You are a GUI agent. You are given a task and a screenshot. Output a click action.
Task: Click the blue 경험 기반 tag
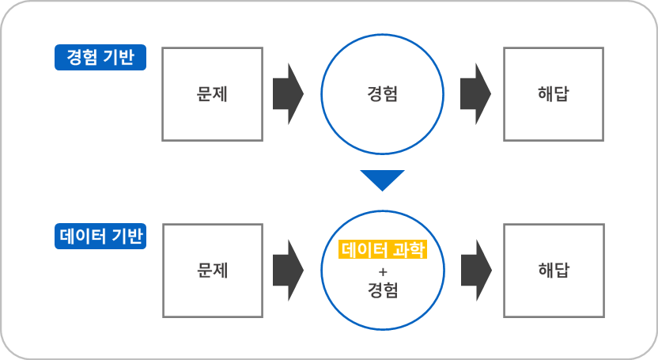(x=100, y=57)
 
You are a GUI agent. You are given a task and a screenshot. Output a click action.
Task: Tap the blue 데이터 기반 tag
(x=100, y=236)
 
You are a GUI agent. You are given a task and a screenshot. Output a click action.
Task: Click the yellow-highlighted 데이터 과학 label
(x=383, y=250)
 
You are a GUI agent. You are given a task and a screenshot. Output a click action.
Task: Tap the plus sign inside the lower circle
(x=383, y=271)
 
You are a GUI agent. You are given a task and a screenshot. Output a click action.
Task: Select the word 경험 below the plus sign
(x=383, y=290)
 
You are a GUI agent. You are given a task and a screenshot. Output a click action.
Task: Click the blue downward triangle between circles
(x=382, y=180)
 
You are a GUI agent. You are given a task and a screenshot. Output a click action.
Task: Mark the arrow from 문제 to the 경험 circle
(x=288, y=93)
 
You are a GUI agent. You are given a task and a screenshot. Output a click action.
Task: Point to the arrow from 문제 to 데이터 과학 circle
(x=288, y=270)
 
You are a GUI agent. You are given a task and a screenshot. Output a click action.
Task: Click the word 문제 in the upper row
(x=212, y=93)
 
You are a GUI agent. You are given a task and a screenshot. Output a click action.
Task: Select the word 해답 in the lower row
(x=554, y=270)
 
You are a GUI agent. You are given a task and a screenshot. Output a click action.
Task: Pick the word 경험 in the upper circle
(x=383, y=94)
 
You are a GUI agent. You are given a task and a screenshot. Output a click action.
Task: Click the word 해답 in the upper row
(x=554, y=93)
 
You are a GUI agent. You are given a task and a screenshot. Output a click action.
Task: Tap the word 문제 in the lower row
(x=212, y=270)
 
